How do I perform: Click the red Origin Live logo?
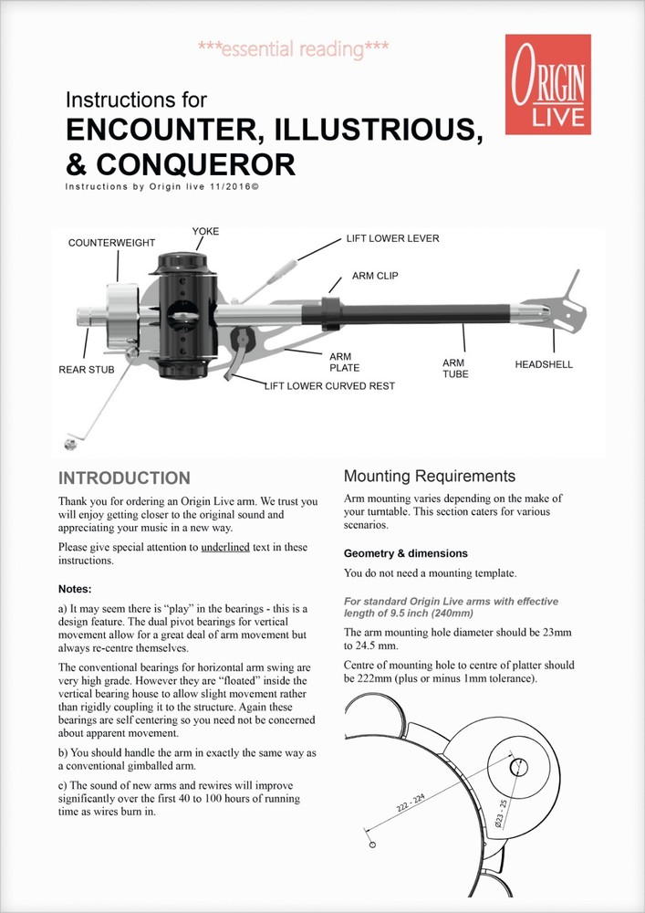click(547, 84)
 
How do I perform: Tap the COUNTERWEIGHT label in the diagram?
click(112, 243)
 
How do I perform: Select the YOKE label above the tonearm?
click(206, 231)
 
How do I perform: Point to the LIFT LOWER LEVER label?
click(392, 239)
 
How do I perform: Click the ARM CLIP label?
click(375, 275)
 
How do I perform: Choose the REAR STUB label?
click(87, 370)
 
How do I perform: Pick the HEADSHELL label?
click(544, 364)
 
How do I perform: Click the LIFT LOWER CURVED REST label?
click(329, 386)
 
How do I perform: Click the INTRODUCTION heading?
click(124, 478)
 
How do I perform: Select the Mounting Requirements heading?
click(429, 476)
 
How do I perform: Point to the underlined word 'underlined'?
click(225, 548)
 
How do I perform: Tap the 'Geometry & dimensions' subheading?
click(405, 553)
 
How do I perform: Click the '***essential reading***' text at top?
click(293, 48)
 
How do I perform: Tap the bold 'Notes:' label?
click(74, 589)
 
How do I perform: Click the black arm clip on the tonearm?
click(330, 311)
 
